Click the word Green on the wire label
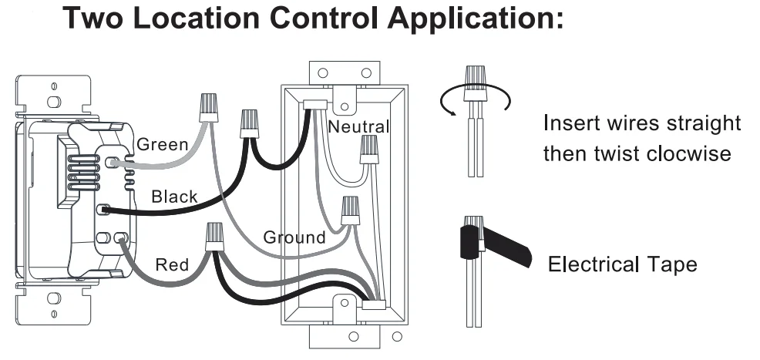point(162,144)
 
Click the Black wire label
point(174,197)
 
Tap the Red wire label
point(172,265)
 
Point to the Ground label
point(294,237)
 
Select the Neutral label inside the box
point(359,126)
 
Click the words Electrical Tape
point(622,265)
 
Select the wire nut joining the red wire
point(214,236)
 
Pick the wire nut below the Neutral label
point(369,150)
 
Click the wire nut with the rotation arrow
point(475,84)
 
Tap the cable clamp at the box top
point(317,103)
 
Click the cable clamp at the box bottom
point(374,304)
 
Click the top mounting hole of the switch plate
point(52,100)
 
